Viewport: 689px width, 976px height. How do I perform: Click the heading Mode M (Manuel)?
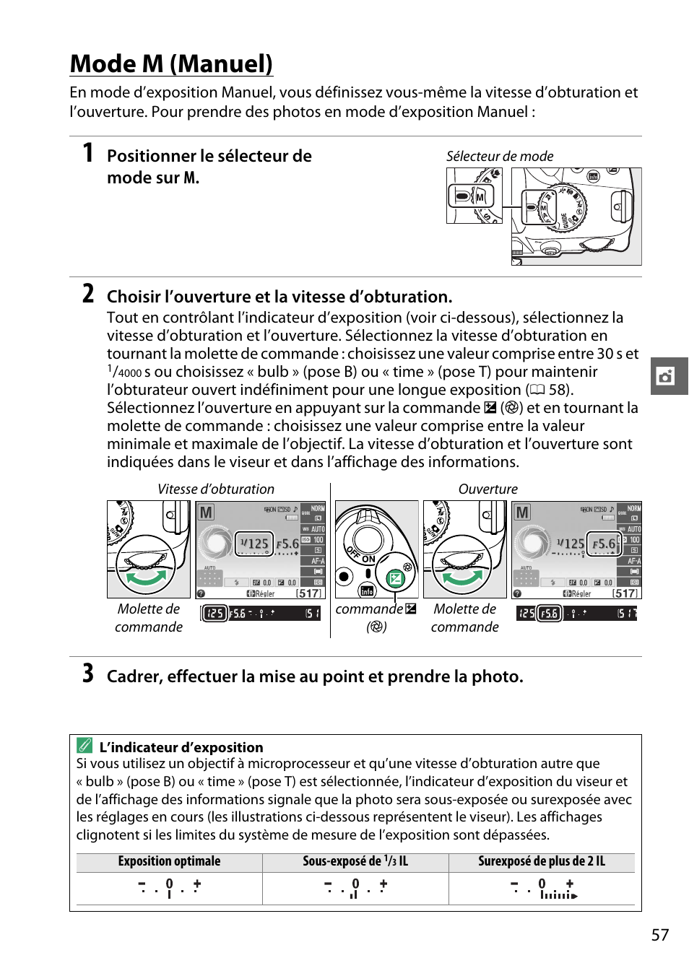[171, 64]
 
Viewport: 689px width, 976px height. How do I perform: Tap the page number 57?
[659, 935]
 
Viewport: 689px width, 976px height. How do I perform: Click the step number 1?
[87, 153]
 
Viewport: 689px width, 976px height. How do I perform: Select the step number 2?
[87, 294]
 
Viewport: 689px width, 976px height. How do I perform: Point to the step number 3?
[87, 674]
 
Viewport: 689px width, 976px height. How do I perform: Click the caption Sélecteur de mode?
[499, 156]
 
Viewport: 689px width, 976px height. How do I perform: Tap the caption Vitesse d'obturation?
[216, 489]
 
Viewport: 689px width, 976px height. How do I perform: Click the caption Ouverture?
[487, 489]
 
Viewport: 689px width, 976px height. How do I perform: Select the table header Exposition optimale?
[169, 861]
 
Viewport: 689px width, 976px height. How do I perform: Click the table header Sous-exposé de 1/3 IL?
[355, 861]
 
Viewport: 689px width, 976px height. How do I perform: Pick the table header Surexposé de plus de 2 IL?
[541, 861]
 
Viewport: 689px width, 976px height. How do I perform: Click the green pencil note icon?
[85, 745]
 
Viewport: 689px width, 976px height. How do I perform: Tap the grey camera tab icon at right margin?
[665, 376]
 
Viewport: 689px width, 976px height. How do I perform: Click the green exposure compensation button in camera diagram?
[395, 578]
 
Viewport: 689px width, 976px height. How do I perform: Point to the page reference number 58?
[558, 390]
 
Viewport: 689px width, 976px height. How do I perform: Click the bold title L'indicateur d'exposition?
[181, 747]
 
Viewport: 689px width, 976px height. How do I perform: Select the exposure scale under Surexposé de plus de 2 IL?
[543, 889]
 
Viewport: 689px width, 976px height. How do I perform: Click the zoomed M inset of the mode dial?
[474, 196]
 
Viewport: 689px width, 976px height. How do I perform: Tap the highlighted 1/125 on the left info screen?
[254, 544]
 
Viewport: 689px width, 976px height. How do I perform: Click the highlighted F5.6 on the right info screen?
[604, 544]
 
